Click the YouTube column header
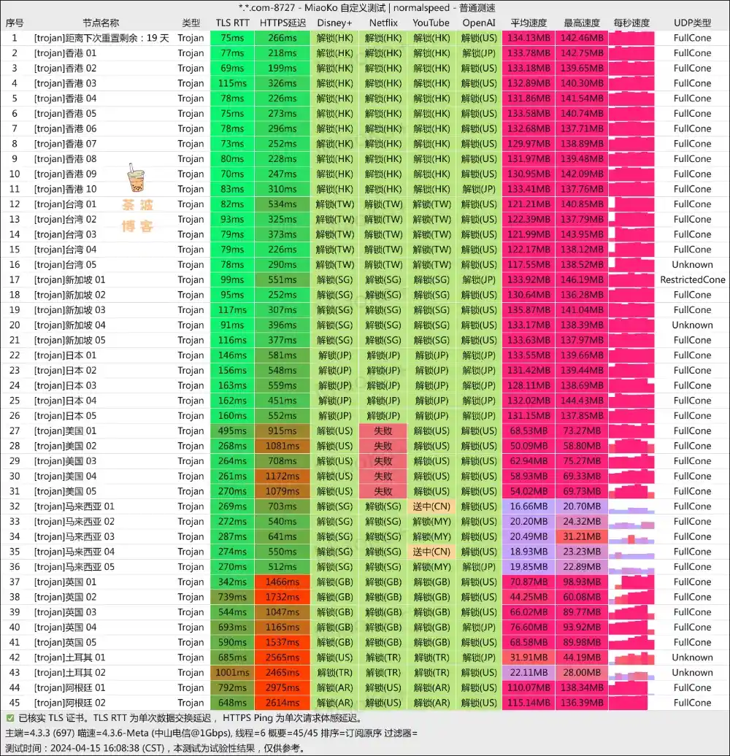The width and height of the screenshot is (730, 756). (431, 23)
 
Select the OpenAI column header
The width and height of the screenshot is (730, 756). (479, 23)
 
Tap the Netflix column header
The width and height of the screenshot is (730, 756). (383, 23)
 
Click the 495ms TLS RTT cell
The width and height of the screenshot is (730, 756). (232, 431)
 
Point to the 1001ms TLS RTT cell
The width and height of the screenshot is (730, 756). (232, 672)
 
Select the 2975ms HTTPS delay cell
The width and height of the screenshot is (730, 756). (282, 687)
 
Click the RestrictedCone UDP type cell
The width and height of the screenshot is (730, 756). (692, 279)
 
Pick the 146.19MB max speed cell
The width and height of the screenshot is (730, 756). (582, 279)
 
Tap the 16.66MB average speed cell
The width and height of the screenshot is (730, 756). (529, 506)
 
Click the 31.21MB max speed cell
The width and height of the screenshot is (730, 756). (582, 536)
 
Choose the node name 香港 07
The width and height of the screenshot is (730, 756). (65, 144)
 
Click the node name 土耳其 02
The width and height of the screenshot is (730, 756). (69, 672)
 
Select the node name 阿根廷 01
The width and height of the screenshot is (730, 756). (69, 687)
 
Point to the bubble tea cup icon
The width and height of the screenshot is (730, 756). (136, 179)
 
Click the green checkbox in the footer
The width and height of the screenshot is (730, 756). (9, 718)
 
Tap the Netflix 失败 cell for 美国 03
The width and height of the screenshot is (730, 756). (383, 461)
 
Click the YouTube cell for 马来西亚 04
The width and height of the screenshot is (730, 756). (431, 552)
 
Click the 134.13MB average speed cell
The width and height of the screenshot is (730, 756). (529, 38)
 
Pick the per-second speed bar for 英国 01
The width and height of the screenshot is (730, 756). (631, 582)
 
